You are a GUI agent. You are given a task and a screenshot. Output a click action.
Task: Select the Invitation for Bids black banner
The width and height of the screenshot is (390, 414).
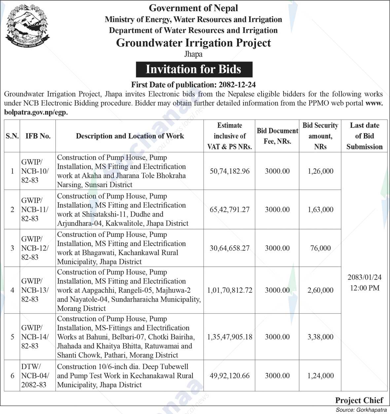coord(194,69)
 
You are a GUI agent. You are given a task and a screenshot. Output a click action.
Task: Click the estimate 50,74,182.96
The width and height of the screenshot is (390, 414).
coord(230,171)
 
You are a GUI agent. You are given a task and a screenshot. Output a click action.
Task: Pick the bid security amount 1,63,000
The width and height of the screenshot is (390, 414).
coord(320,210)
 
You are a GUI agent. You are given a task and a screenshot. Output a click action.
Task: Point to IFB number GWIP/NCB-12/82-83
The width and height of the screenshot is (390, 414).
coord(35,248)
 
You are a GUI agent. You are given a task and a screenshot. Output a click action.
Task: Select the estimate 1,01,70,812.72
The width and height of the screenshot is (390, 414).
coord(230,290)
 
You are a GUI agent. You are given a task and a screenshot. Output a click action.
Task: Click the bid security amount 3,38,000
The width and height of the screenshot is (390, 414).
coord(320,337)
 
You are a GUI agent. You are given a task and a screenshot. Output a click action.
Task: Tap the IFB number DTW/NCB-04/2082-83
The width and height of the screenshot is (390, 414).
coord(35,375)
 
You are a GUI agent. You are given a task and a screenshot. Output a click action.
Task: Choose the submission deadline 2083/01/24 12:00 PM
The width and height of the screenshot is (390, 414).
coord(364,282)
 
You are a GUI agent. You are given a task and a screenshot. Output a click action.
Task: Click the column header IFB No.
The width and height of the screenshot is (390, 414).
coord(38,136)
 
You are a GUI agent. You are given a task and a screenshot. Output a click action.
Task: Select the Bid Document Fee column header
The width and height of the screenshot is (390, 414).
coord(277,136)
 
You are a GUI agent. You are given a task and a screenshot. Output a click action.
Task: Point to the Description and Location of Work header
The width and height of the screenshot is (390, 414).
coord(130,136)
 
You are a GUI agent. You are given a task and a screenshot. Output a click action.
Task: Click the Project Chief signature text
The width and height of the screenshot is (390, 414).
coord(359,400)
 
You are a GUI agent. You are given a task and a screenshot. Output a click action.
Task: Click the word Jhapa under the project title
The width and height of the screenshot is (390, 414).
coord(193,54)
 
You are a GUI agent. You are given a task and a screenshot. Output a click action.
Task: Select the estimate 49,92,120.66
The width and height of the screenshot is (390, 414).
coord(230,375)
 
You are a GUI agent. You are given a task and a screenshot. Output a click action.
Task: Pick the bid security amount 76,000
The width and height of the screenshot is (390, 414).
coord(320,248)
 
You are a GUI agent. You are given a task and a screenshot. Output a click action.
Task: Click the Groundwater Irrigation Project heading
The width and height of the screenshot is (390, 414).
coord(194,43)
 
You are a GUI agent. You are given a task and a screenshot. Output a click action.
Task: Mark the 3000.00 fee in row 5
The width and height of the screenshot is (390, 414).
coord(277,337)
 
